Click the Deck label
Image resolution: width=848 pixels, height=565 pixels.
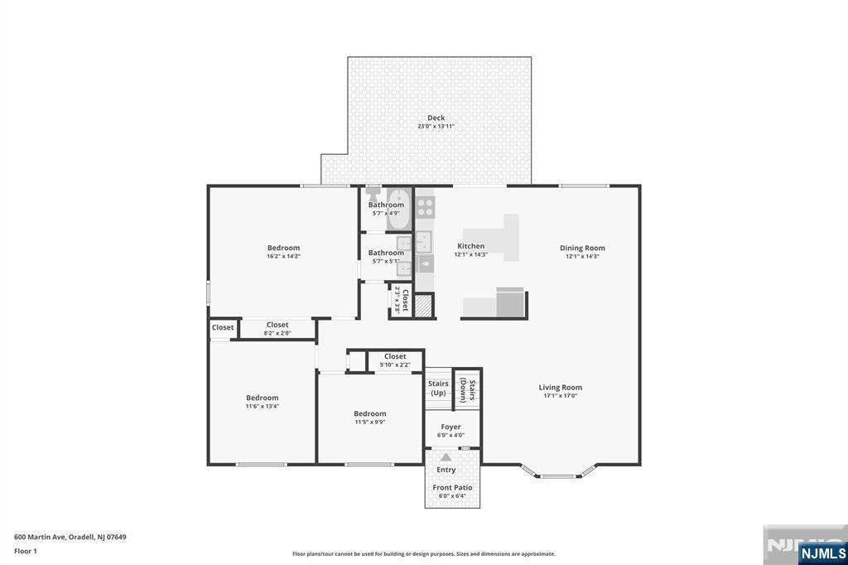[x=436, y=118]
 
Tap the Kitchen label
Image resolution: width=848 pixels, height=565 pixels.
[x=471, y=246]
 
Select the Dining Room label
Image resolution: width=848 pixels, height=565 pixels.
[x=582, y=248]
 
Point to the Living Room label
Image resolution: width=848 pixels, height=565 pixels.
[x=561, y=387]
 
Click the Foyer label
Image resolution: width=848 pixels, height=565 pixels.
[x=450, y=427]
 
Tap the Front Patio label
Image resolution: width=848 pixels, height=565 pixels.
[x=452, y=487]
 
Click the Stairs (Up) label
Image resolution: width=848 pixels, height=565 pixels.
[x=438, y=388]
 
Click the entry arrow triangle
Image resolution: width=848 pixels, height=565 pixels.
[x=446, y=457]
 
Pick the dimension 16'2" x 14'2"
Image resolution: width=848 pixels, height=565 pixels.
[x=283, y=257]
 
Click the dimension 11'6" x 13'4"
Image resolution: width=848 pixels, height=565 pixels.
[x=263, y=406]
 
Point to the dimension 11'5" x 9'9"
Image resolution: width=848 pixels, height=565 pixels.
[x=370, y=423]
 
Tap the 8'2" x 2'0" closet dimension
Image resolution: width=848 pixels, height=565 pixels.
[x=277, y=333]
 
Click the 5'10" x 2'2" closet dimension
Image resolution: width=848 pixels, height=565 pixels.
[x=395, y=365]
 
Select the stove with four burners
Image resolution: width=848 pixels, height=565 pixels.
[x=425, y=206]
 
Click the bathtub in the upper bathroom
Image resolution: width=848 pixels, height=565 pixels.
[x=399, y=210]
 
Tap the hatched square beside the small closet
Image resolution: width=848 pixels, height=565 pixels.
[x=424, y=306]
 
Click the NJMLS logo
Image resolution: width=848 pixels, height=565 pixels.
[x=822, y=553]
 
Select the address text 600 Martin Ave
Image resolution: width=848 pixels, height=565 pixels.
[x=40, y=537]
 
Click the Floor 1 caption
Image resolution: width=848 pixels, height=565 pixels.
[x=26, y=551]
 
